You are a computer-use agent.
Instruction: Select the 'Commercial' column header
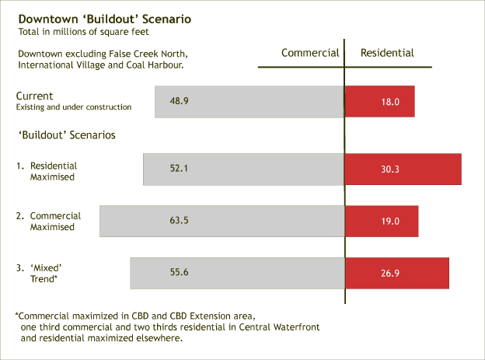tap(310, 53)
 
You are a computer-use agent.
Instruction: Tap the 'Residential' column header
tap(387, 53)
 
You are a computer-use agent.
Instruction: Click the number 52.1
tap(180, 169)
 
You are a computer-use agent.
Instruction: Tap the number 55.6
tap(180, 273)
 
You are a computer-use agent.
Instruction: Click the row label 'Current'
tap(35, 96)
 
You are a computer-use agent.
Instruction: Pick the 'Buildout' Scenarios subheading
tap(67, 135)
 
